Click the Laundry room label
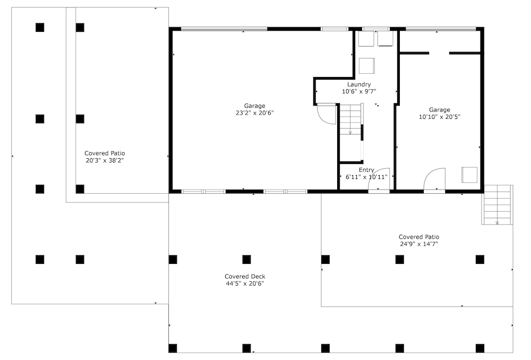(x=359, y=84)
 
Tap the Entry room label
(x=366, y=170)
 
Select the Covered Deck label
(x=245, y=277)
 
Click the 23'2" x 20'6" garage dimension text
(x=255, y=113)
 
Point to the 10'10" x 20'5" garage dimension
(x=440, y=117)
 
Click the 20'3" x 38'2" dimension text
(x=105, y=160)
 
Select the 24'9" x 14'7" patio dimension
(x=419, y=244)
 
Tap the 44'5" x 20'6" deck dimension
(x=245, y=284)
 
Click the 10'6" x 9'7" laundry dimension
(x=359, y=91)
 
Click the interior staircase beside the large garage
(x=351, y=119)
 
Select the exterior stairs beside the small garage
(x=497, y=205)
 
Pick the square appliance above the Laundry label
(x=367, y=66)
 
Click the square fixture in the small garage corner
(x=469, y=175)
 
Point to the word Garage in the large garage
(x=255, y=106)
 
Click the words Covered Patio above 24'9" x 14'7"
(x=419, y=237)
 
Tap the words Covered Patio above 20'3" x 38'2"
(x=105, y=153)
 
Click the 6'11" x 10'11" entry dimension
(x=366, y=177)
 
